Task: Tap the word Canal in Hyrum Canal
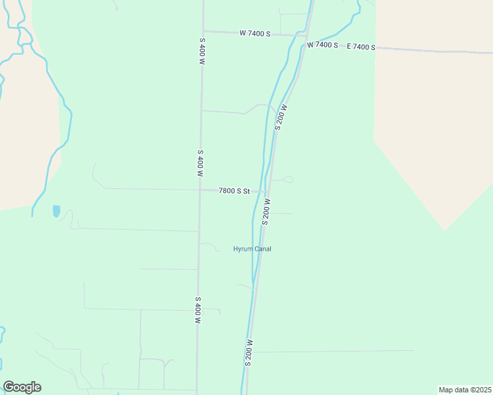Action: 262,249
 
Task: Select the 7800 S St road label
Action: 235,191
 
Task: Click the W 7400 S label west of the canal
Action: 254,33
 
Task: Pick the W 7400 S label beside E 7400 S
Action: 322,45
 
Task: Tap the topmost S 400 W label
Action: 202,51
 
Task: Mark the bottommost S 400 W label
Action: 198,309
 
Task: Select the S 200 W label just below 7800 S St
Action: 266,211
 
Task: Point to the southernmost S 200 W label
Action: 249,352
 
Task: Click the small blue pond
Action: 56,211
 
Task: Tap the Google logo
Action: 22,387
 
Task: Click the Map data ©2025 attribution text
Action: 465,389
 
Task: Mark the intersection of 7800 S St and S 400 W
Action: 200,190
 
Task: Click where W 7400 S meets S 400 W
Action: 203,30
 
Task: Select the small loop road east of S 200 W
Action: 287,179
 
